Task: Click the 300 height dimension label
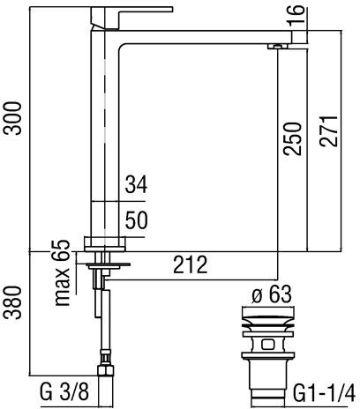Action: tap(12, 118)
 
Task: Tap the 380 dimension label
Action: tap(12, 302)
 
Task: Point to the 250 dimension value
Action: tap(292, 138)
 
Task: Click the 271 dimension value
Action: tap(328, 131)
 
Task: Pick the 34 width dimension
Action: tap(136, 185)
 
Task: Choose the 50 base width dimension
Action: tap(136, 220)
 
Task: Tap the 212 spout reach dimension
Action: tap(191, 264)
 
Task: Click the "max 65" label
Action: tap(63, 273)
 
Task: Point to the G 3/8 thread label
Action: tap(64, 391)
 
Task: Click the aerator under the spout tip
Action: tap(278, 47)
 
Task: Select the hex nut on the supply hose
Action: tap(105, 369)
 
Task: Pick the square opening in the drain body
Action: tap(267, 344)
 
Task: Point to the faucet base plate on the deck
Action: tap(105, 244)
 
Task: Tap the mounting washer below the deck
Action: tap(109, 265)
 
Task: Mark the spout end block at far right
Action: tap(300, 37)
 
